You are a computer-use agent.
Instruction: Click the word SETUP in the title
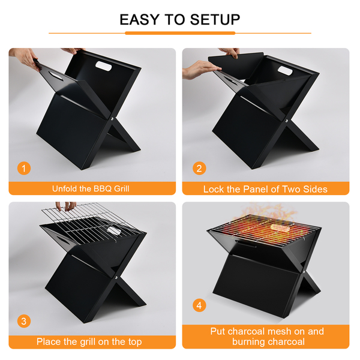click(x=215, y=20)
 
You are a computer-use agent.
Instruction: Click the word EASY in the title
click(x=139, y=20)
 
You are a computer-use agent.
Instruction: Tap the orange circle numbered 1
click(x=24, y=168)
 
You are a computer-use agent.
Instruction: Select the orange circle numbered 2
click(x=199, y=168)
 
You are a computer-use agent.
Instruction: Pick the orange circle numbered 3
click(x=24, y=321)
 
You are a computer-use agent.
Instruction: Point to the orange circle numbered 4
click(x=199, y=305)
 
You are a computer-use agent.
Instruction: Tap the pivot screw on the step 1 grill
click(x=112, y=119)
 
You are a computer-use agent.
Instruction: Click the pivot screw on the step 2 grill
click(x=287, y=120)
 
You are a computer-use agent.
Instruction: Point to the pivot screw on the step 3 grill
click(x=116, y=278)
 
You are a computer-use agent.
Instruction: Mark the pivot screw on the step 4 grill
click(x=304, y=272)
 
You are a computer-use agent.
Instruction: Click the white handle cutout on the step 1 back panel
click(x=104, y=66)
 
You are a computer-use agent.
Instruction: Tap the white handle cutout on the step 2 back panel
click(x=285, y=70)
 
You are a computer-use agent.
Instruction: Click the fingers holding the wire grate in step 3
click(x=66, y=206)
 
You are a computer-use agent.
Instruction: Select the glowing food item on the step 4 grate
click(x=280, y=228)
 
